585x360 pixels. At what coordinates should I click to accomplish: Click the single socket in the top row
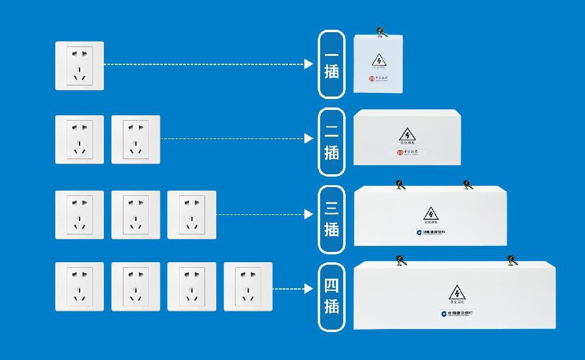80,66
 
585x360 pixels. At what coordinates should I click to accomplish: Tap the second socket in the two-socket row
135,139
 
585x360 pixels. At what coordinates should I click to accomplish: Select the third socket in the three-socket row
191,214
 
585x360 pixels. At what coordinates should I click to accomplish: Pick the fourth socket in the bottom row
248,287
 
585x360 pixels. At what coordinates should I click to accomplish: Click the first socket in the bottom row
80,287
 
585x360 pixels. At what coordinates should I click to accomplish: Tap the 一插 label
332,64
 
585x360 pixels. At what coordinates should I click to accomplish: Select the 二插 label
332,141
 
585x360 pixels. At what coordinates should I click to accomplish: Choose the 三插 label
332,219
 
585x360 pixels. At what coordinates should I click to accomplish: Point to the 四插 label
332,296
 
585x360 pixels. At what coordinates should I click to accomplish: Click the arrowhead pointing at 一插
309,64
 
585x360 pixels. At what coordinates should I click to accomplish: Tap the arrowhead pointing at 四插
309,288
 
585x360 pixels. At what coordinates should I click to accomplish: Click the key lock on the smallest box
381,32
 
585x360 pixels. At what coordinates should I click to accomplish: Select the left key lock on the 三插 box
400,185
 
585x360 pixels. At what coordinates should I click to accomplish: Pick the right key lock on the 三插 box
467,185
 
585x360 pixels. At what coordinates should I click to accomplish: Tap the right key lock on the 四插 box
512,261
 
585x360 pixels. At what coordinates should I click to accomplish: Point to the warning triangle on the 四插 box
456,293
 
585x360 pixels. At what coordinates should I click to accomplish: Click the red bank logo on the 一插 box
372,78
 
